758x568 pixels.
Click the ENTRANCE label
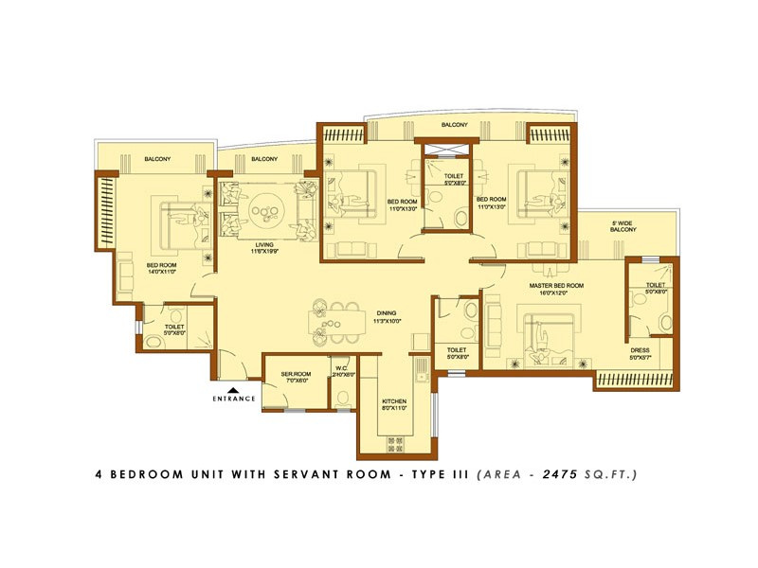click(x=234, y=399)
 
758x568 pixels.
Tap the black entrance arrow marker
click(x=234, y=387)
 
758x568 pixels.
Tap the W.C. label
click(x=341, y=370)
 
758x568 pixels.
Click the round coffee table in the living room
click(x=266, y=206)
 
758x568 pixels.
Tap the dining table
click(x=339, y=323)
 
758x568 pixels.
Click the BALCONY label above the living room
click(x=264, y=159)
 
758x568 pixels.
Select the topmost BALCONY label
click(x=454, y=125)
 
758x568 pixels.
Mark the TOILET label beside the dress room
click(x=656, y=286)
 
